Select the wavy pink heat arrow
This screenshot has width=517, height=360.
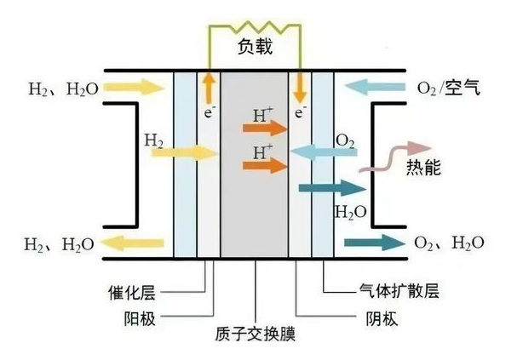point(388,158)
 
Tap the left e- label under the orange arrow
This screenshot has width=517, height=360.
point(205,111)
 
